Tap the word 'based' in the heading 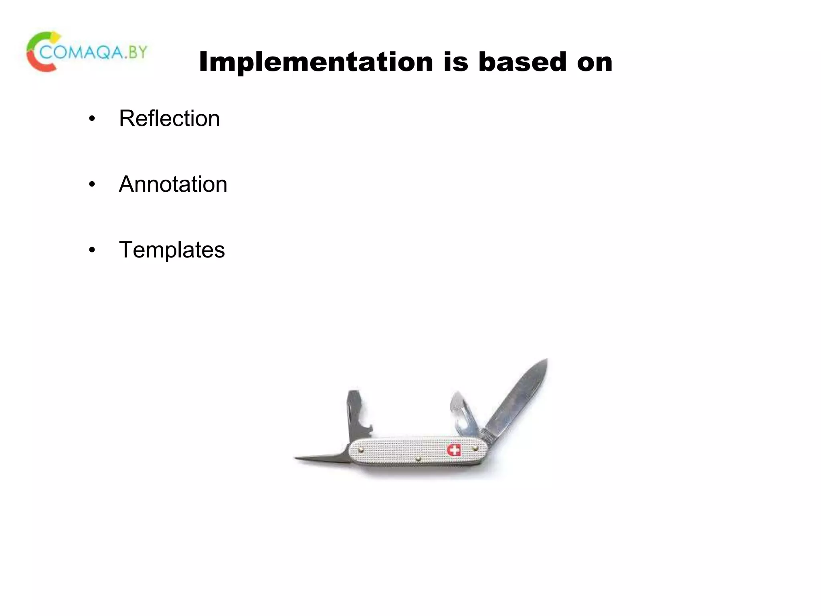coord(523,62)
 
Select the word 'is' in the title coord(456,62)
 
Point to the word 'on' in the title coord(595,63)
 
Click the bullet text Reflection coord(169,118)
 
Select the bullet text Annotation coord(173,184)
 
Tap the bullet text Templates coord(172,250)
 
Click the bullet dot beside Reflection coord(92,119)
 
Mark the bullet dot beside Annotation coord(92,185)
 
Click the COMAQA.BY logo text coord(94,52)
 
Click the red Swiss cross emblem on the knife coord(454,450)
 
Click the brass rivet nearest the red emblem coord(475,448)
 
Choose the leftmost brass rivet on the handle coord(360,450)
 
